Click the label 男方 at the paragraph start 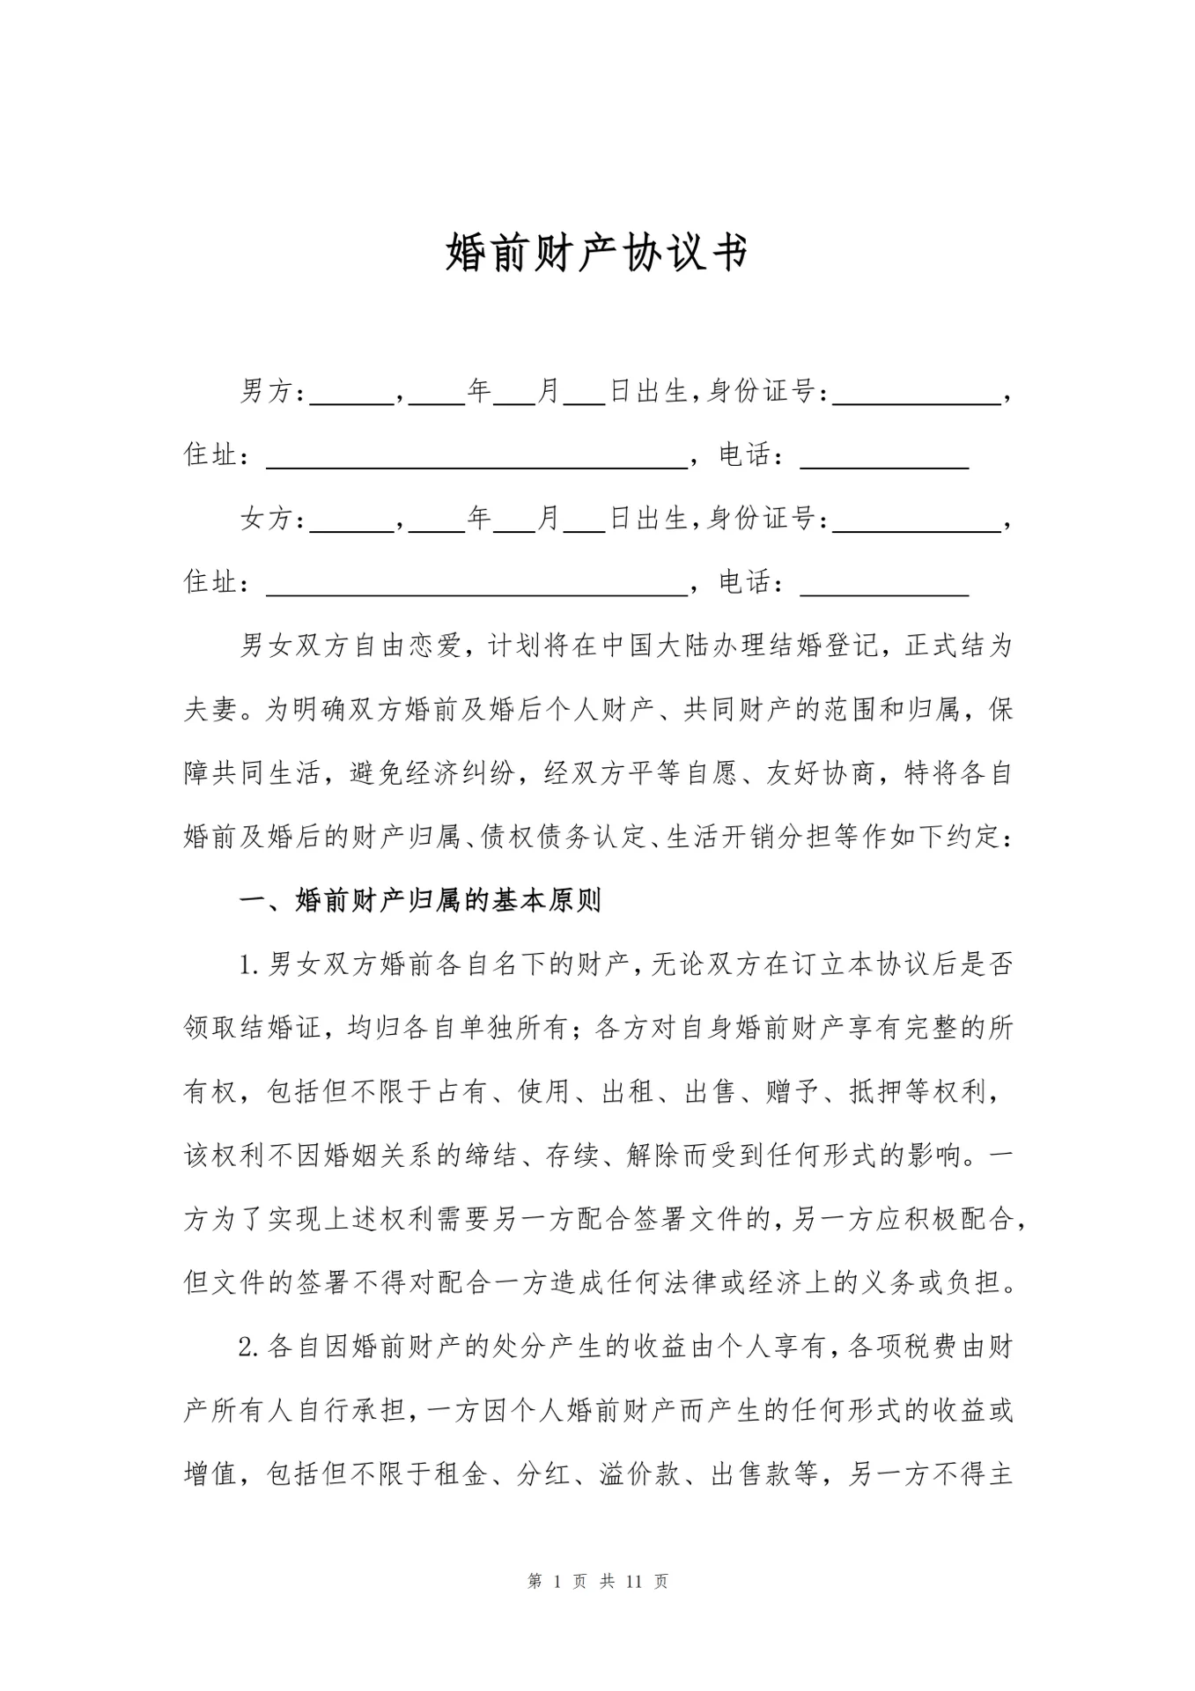pos(266,392)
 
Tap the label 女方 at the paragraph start pos(266,519)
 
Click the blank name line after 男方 pos(352,396)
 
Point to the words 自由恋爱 pos(408,646)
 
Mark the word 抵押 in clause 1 pos(876,1092)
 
